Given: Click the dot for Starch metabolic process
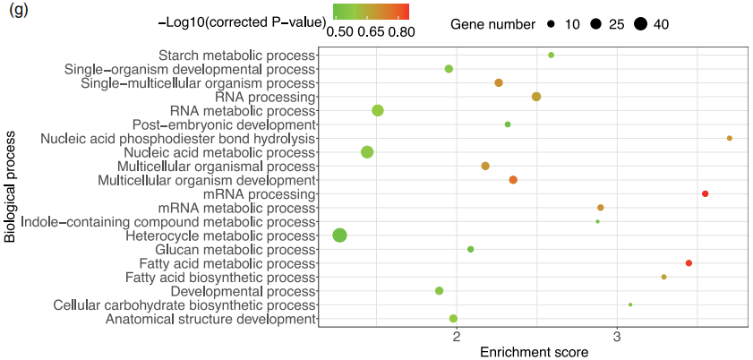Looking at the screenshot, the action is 551,56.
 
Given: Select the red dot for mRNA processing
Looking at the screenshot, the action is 705,194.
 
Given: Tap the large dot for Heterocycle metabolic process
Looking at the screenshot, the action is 340,236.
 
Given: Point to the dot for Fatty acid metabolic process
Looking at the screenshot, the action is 689,263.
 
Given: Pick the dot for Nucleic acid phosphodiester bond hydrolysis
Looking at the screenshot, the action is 730,138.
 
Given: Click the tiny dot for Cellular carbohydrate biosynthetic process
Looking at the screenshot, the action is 630,304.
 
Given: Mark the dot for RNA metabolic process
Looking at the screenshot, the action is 378,111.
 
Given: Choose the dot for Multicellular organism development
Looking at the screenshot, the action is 513,180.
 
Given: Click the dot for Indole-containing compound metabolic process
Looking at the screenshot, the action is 598,221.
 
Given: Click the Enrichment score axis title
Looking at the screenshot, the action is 535,352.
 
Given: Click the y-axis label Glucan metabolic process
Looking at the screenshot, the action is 235,250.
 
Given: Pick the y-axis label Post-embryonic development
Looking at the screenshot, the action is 224,124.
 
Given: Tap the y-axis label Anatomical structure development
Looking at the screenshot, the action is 210,319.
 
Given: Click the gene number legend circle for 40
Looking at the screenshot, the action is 639,24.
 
